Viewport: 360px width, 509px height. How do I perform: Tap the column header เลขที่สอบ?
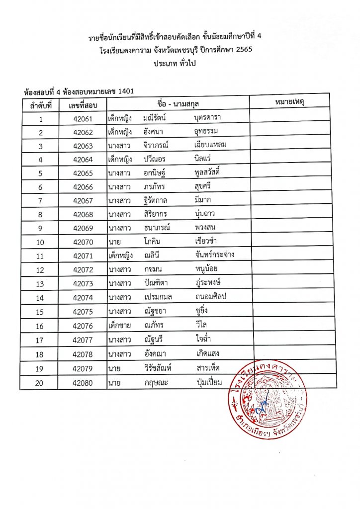point(83,105)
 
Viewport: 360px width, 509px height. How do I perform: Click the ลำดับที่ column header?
point(41,105)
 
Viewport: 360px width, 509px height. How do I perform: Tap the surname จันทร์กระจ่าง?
point(215,255)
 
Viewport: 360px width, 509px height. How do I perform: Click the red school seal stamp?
point(269,400)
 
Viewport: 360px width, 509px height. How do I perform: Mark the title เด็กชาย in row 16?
point(119,327)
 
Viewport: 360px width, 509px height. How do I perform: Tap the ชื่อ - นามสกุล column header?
point(178,103)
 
